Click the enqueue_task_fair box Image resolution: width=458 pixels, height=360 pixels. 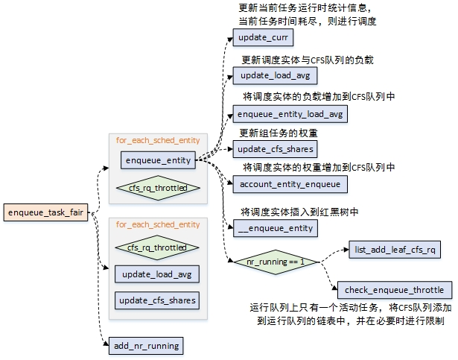pyautogui.click(x=46, y=212)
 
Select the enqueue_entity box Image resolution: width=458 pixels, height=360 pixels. pyautogui.click(x=158, y=160)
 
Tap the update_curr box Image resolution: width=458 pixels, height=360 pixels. pyautogui.click(x=260, y=37)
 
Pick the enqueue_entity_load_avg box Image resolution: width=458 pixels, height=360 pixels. pyautogui.click(x=289, y=114)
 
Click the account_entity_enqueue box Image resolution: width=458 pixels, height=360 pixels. pyautogui.click(x=290, y=183)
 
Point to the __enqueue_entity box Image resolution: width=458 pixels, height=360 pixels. pyautogui.click(x=276, y=229)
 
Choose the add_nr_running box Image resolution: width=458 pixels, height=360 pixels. pyautogui.click(x=146, y=346)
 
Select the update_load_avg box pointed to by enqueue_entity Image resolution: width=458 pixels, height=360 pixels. pyautogui.click(x=275, y=75)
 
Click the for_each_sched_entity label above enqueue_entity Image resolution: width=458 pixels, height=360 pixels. pyautogui.click(x=157, y=139)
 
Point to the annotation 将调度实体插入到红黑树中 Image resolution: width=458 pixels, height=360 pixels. pyautogui.click(x=301, y=212)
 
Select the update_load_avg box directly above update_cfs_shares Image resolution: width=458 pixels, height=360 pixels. pyautogui.click(x=157, y=274)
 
